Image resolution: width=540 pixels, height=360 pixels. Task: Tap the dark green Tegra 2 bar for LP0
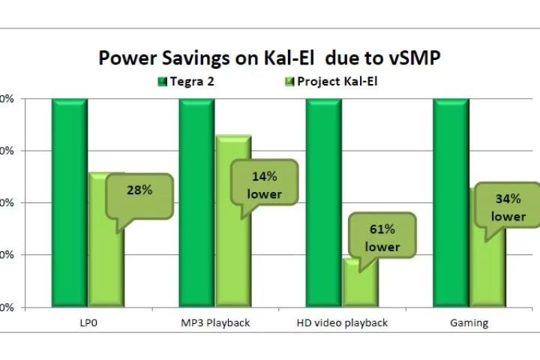69,202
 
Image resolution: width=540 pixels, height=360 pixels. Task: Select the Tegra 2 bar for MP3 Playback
196,202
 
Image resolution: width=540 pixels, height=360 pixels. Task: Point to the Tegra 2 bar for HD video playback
324,202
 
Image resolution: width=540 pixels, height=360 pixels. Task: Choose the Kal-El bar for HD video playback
360,289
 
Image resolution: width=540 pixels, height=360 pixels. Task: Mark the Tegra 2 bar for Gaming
451,202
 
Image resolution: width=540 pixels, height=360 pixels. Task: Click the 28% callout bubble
139,192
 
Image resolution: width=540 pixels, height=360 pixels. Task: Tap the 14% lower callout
264,185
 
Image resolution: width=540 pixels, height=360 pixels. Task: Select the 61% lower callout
382,238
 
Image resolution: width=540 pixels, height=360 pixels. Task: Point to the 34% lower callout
508,208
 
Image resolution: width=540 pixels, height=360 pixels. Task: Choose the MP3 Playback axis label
215,323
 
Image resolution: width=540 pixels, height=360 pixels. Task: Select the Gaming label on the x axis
469,323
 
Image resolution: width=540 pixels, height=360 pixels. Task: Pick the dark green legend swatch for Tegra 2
162,81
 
